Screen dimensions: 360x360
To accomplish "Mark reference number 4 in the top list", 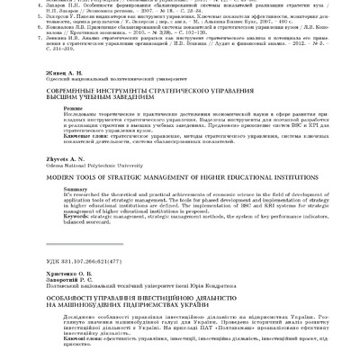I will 46,4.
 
